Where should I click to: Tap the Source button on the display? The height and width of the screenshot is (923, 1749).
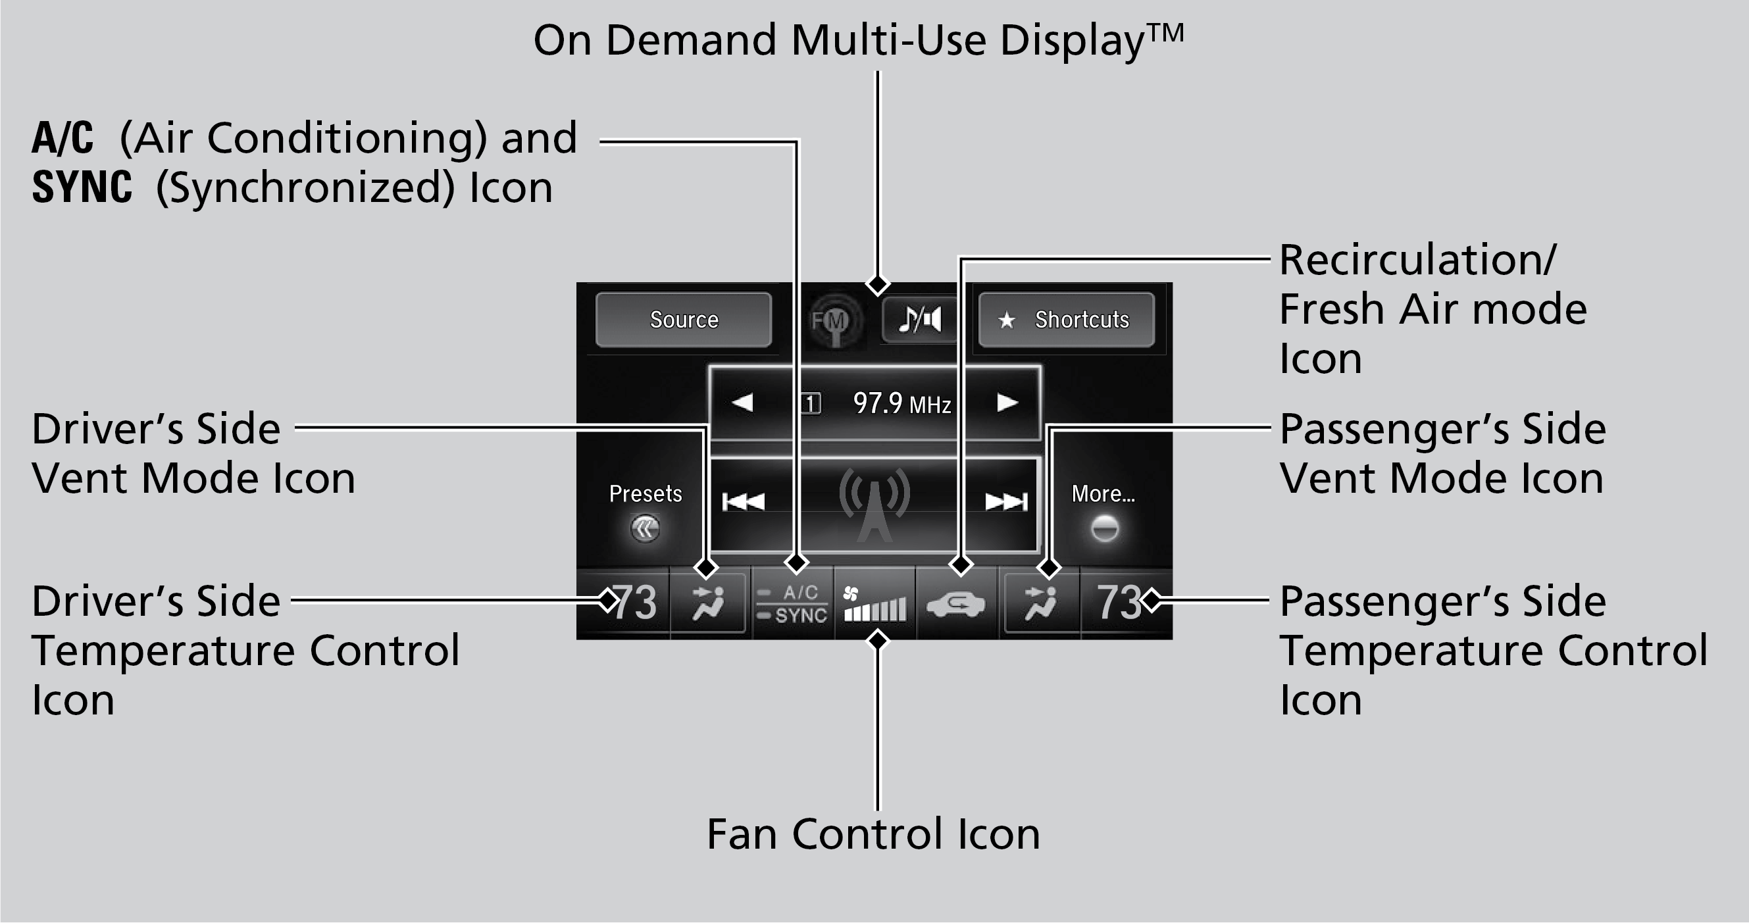[x=683, y=320]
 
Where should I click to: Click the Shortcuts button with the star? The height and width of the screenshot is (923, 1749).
[x=1066, y=320]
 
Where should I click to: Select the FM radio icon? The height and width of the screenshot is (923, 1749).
[x=831, y=321]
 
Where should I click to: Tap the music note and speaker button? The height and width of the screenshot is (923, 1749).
[x=920, y=319]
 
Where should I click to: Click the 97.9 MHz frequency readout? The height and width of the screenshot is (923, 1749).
[x=901, y=404]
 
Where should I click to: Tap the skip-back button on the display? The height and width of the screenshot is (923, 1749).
[x=744, y=502]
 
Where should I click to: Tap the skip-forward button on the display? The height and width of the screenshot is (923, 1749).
[x=1005, y=502]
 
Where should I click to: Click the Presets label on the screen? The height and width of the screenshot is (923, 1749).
[x=645, y=494]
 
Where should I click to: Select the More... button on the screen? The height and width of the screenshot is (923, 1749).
[x=1103, y=494]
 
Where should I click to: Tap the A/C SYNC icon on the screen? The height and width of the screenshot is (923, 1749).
[x=792, y=604]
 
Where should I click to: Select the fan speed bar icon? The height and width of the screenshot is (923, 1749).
[x=874, y=604]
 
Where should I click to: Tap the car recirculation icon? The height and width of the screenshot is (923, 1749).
[x=956, y=604]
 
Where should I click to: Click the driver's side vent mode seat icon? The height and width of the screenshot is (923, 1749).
[x=708, y=604]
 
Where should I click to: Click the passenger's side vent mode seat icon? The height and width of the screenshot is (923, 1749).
[x=1041, y=604]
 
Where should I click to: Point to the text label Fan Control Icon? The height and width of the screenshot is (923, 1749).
[x=873, y=834]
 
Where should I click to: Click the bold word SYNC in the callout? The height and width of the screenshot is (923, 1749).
[x=82, y=187]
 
